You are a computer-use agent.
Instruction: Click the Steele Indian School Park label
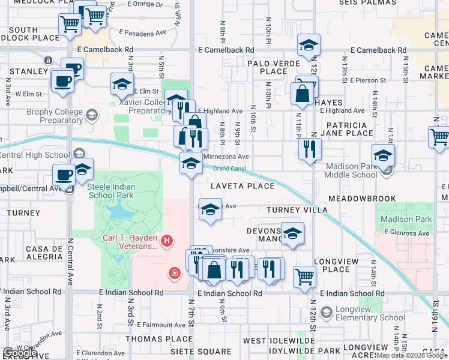(x=112, y=191)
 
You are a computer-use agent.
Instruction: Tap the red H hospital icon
(x=167, y=242)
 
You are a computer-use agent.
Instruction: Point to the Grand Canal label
(x=229, y=169)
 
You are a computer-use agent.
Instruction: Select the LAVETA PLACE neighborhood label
(x=243, y=186)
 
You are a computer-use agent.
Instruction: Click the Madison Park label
(x=406, y=220)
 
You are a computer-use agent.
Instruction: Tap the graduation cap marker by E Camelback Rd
(x=309, y=44)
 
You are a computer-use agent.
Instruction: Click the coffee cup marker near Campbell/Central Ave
(x=64, y=175)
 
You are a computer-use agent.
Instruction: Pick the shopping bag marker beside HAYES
(x=302, y=92)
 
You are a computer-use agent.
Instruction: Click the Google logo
(x=19, y=353)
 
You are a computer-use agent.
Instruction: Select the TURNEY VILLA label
(x=297, y=210)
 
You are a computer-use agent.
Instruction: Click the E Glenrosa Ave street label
(x=406, y=233)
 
